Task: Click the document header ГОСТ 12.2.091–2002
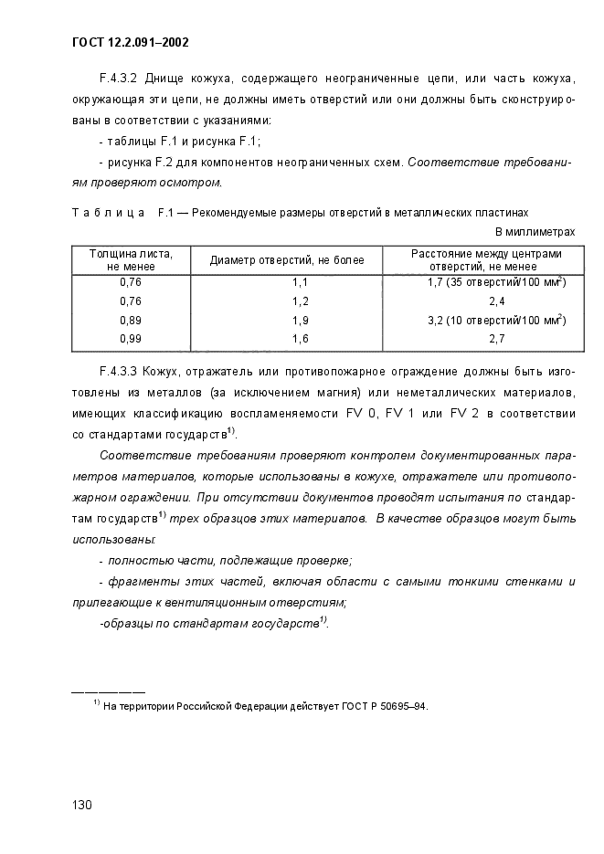tap(130, 42)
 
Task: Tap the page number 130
tap(82, 805)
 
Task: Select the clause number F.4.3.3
tap(119, 373)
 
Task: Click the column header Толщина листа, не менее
tap(131, 259)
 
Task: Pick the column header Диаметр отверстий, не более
tap(287, 260)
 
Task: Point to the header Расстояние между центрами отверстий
tap(486, 259)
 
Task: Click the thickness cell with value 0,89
tap(131, 321)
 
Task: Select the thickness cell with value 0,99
tap(131, 339)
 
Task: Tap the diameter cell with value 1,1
tap(300, 283)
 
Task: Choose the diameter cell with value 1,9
tap(300, 321)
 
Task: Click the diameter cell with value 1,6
tap(300, 339)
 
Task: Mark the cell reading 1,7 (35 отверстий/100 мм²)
tap(496, 282)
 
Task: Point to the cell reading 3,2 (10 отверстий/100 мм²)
tap(496, 320)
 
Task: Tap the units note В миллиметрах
tap(535, 232)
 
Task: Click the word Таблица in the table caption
tap(108, 213)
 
